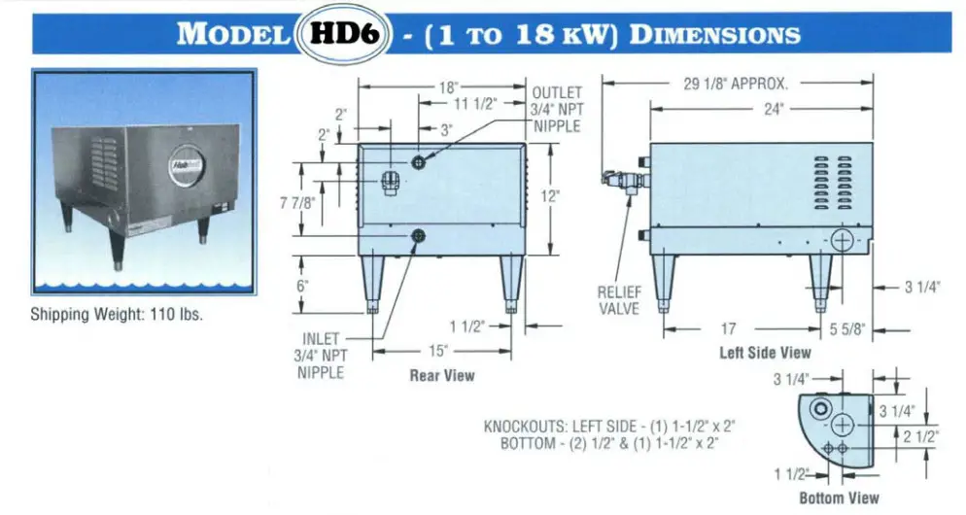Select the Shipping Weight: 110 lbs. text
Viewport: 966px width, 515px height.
[x=117, y=315]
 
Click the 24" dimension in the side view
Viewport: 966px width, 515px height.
[x=773, y=110]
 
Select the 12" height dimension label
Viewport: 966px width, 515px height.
[x=550, y=196]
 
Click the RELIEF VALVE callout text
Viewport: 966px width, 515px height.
[x=619, y=299]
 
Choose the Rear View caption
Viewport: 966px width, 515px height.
[x=442, y=375]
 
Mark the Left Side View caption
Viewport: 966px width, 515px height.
[x=765, y=353]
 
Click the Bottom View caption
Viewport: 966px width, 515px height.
[x=839, y=498]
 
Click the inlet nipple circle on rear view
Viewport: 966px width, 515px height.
[x=419, y=235]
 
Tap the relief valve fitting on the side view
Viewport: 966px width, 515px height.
[x=618, y=179]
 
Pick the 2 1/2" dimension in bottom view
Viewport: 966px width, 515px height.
[x=918, y=436]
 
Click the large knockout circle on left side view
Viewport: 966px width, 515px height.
[x=843, y=239]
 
